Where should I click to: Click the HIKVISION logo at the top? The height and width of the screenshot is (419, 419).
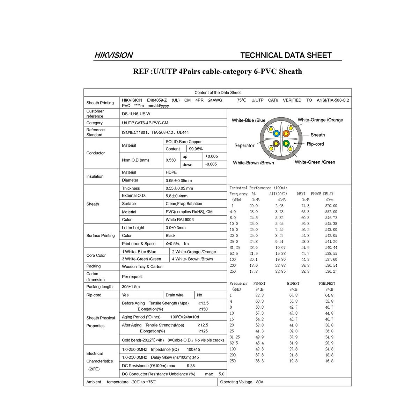click(113, 55)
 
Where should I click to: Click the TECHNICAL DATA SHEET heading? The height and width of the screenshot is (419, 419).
click(286, 55)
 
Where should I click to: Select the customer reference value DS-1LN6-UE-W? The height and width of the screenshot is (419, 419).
click(136, 114)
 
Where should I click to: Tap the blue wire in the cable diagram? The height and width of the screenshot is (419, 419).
click(276, 133)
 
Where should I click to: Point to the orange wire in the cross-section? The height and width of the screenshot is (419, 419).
click(286, 133)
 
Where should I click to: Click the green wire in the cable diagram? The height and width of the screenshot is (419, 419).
click(286, 143)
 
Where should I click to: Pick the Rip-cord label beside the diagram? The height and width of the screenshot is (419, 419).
click(315, 144)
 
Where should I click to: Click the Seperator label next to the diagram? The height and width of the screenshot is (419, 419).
click(244, 146)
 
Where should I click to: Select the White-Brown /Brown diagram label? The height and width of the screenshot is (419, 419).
click(253, 163)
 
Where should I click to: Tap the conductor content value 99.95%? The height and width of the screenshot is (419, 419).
click(196, 149)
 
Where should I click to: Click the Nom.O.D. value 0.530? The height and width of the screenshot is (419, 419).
click(171, 160)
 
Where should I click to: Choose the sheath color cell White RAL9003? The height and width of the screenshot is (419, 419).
click(179, 220)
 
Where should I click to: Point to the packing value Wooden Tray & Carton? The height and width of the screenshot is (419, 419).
click(142, 266)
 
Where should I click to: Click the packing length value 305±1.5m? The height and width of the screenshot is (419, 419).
click(131, 287)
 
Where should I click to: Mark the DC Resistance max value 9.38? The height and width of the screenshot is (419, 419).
click(191, 366)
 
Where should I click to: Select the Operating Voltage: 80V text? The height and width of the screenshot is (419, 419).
click(242, 382)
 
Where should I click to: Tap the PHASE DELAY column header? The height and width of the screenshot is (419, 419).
click(322, 194)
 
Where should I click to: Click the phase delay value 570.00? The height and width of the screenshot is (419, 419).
click(331, 206)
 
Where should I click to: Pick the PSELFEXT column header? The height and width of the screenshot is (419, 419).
click(327, 284)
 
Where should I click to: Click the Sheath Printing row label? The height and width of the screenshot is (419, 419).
click(100, 103)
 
